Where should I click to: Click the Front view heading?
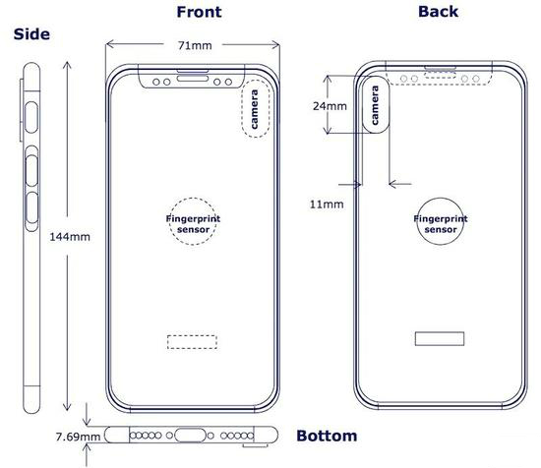tap(199, 12)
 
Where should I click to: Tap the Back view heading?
tap(438, 12)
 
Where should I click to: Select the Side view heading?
tap(31, 34)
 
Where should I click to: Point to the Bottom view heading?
tap(327, 436)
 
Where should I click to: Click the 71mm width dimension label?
tap(195, 45)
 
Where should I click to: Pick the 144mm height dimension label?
tap(70, 237)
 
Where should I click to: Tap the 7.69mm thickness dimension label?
tap(78, 437)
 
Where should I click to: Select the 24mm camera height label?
tap(330, 106)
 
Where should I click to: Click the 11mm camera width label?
tap(327, 205)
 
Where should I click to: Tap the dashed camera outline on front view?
tap(242, 108)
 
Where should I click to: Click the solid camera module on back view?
tap(363, 105)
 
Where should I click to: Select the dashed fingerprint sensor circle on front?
tap(170, 221)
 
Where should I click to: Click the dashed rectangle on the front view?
tap(192, 335)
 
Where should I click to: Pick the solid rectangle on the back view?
tap(440, 332)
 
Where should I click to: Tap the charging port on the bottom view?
tap(191, 436)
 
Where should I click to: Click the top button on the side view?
tap(31, 118)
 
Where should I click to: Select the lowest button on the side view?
tap(31, 208)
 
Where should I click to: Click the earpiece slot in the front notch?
tap(193, 79)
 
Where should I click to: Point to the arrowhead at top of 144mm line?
tap(67, 62)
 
